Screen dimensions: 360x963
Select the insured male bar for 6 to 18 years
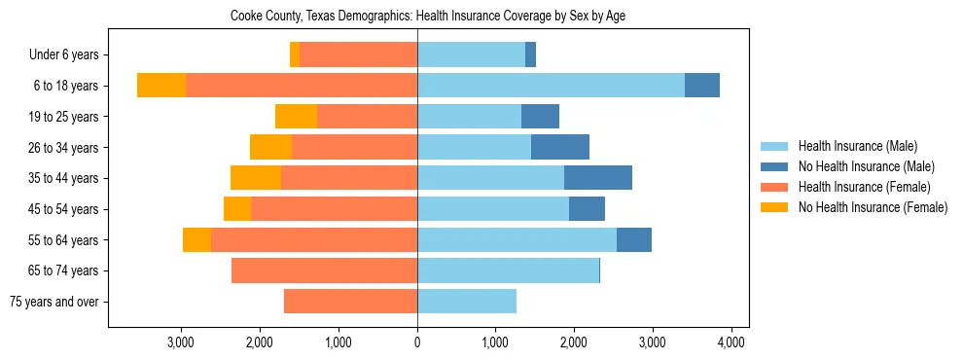pos(551,86)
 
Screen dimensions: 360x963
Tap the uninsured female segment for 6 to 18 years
pos(161,86)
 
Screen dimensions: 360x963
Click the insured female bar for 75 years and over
pos(350,302)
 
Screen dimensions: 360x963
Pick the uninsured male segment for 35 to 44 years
pos(598,178)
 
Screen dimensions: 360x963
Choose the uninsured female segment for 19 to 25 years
pos(297,117)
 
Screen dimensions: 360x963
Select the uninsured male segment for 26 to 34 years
pos(560,147)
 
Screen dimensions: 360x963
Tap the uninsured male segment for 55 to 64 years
pos(634,239)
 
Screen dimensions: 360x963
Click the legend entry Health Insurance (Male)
pos(857,146)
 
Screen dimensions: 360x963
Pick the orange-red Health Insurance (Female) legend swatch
pos(774,187)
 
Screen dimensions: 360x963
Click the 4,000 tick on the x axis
pos(731,342)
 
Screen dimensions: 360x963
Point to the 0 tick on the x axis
pos(417,342)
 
